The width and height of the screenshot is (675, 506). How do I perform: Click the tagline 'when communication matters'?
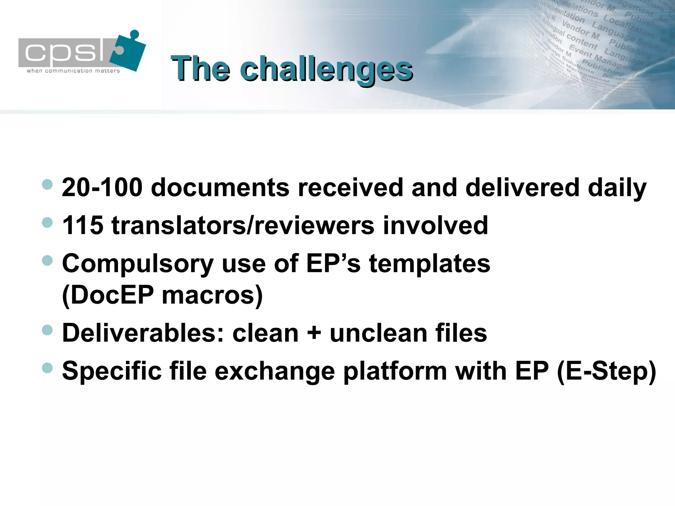[73, 71]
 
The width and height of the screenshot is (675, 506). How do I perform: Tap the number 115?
[82, 226]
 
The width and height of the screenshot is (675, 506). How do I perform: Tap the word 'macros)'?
[212, 295]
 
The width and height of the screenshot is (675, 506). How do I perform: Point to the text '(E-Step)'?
[606, 371]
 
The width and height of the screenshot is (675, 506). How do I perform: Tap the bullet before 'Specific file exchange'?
[47, 368]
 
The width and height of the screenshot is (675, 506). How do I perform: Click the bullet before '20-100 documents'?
[47, 184]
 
